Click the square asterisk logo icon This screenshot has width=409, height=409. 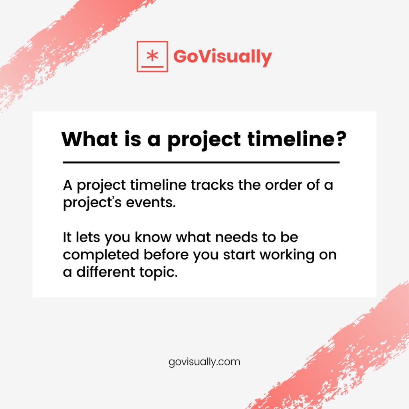pyautogui.click(x=152, y=56)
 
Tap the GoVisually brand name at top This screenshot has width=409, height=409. pyautogui.click(x=222, y=57)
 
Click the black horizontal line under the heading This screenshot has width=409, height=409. pyautogui.click(x=201, y=163)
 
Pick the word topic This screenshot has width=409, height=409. pyautogui.click(x=156, y=273)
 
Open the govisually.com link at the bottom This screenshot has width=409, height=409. pyautogui.click(x=204, y=362)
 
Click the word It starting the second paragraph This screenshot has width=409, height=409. pyautogui.click(x=67, y=238)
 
